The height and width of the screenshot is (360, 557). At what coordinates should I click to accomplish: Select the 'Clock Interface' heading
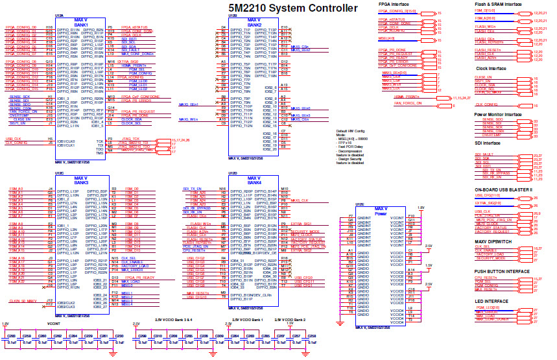click(x=491, y=68)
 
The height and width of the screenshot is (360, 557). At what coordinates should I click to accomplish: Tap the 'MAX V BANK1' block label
click(x=81, y=23)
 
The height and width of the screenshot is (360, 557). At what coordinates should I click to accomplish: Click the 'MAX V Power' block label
click(x=381, y=211)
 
